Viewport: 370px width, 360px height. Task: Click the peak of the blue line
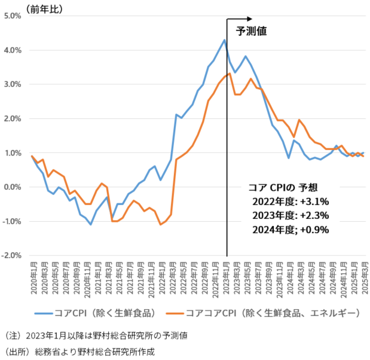224,40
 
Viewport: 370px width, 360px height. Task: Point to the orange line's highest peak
230,74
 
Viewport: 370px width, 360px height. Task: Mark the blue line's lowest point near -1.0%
90,224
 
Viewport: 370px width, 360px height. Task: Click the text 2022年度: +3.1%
292,201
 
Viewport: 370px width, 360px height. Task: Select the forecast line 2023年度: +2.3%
292,215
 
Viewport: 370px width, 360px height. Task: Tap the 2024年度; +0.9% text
292,228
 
